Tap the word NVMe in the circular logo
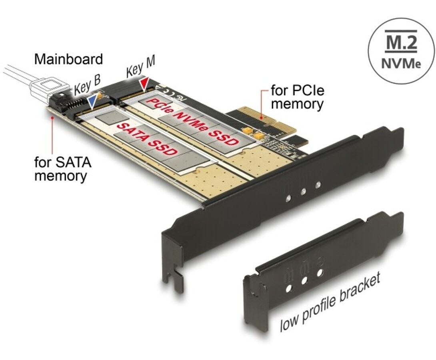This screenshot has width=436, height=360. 401,63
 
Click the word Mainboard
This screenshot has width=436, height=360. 68,59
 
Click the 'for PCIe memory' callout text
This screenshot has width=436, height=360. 297,97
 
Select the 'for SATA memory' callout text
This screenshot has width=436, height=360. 62,169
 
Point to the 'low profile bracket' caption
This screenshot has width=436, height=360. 329,302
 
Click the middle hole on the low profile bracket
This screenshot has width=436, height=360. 304,280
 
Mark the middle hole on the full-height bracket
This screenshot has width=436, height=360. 303,191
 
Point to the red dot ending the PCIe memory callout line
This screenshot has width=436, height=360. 261,118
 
